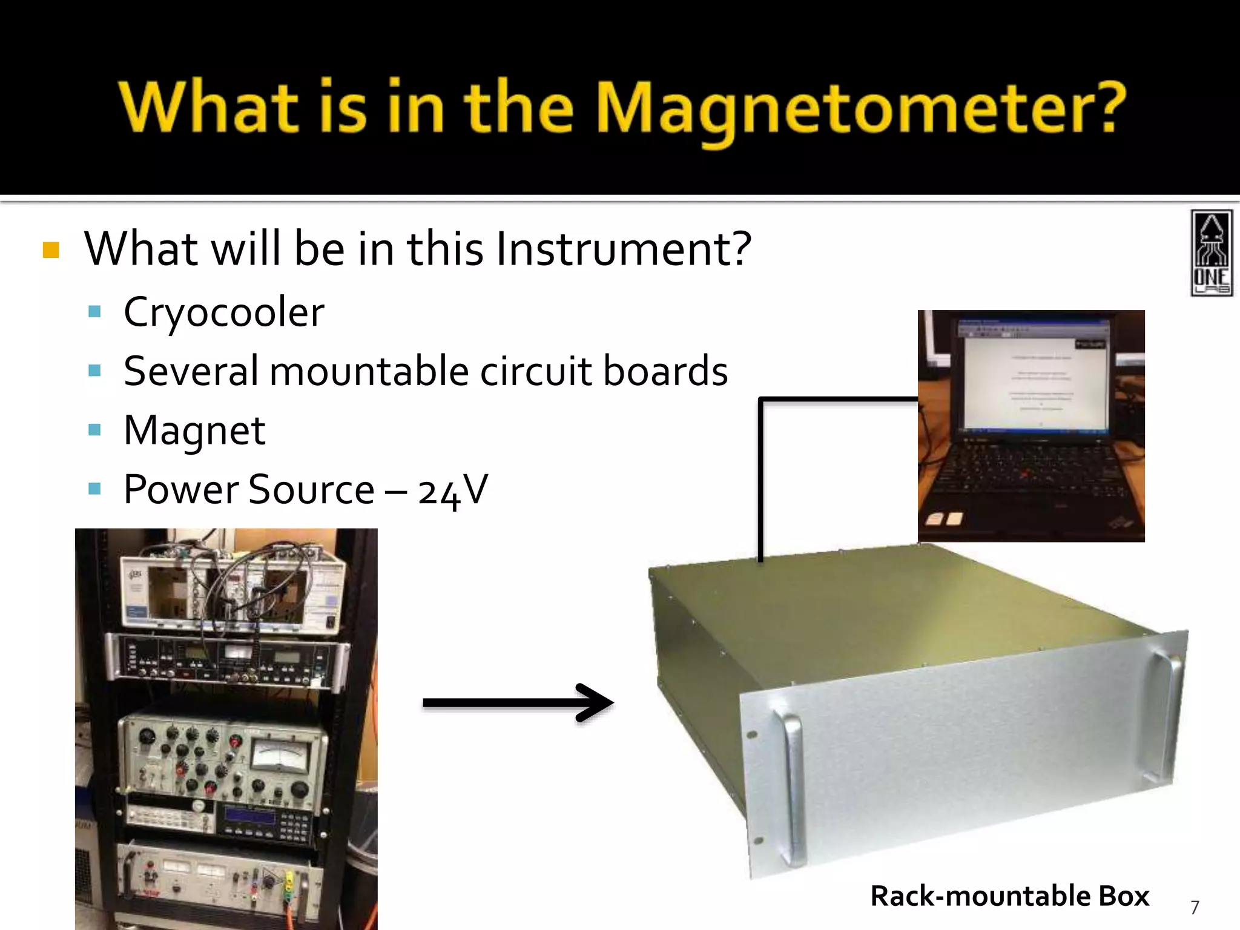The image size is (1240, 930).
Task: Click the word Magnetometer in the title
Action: pos(860,109)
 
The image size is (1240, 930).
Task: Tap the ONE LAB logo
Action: pos(1212,253)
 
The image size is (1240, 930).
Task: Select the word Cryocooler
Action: pos(224,312)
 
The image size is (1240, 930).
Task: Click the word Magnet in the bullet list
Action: pos(194,430)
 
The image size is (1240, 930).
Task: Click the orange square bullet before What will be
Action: pos(51,250)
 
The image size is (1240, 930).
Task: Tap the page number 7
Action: pos(1195,907)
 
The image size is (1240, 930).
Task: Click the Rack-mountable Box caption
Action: pos(1009,895)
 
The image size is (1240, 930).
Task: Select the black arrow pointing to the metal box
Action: pos(518,703)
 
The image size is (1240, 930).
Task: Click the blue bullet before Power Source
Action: pos(94,488)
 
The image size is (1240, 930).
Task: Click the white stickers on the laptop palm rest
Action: pos(945,519)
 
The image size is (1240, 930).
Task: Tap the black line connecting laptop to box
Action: pos(760,472)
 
